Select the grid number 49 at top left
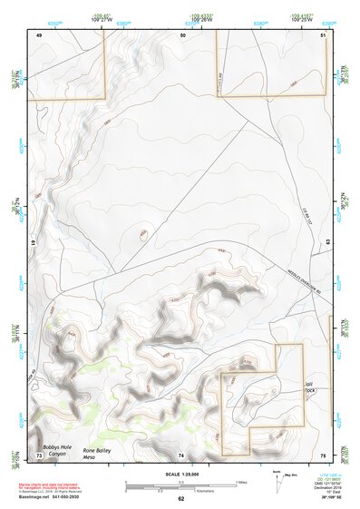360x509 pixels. coord(39,34)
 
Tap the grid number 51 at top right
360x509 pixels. coord(324,34)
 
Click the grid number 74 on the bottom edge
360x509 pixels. coord(181,454)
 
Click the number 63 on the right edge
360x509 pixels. coord(327,242)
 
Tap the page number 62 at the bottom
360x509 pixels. coord(180,498)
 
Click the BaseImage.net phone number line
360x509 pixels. coord(56,497)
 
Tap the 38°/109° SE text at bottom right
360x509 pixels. coord(331,497)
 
